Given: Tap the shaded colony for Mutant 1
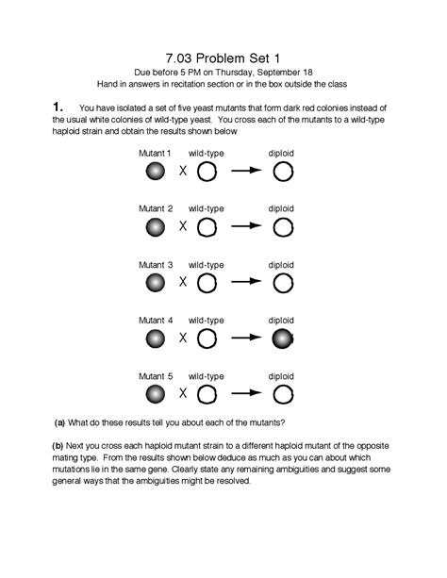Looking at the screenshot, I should [156, 172].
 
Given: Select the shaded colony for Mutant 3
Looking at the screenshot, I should [156, 282].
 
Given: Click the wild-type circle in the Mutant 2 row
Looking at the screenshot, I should [207, 227].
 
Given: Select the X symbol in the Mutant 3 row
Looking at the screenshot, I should [184, 282].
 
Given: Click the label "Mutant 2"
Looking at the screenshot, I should [156, 208].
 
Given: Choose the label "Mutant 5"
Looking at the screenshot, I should [156, 374].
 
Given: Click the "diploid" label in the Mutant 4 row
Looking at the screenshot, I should [281, 320].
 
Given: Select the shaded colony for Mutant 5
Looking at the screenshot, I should [156, 393].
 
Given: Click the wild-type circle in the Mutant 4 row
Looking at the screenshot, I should [207, 338].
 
